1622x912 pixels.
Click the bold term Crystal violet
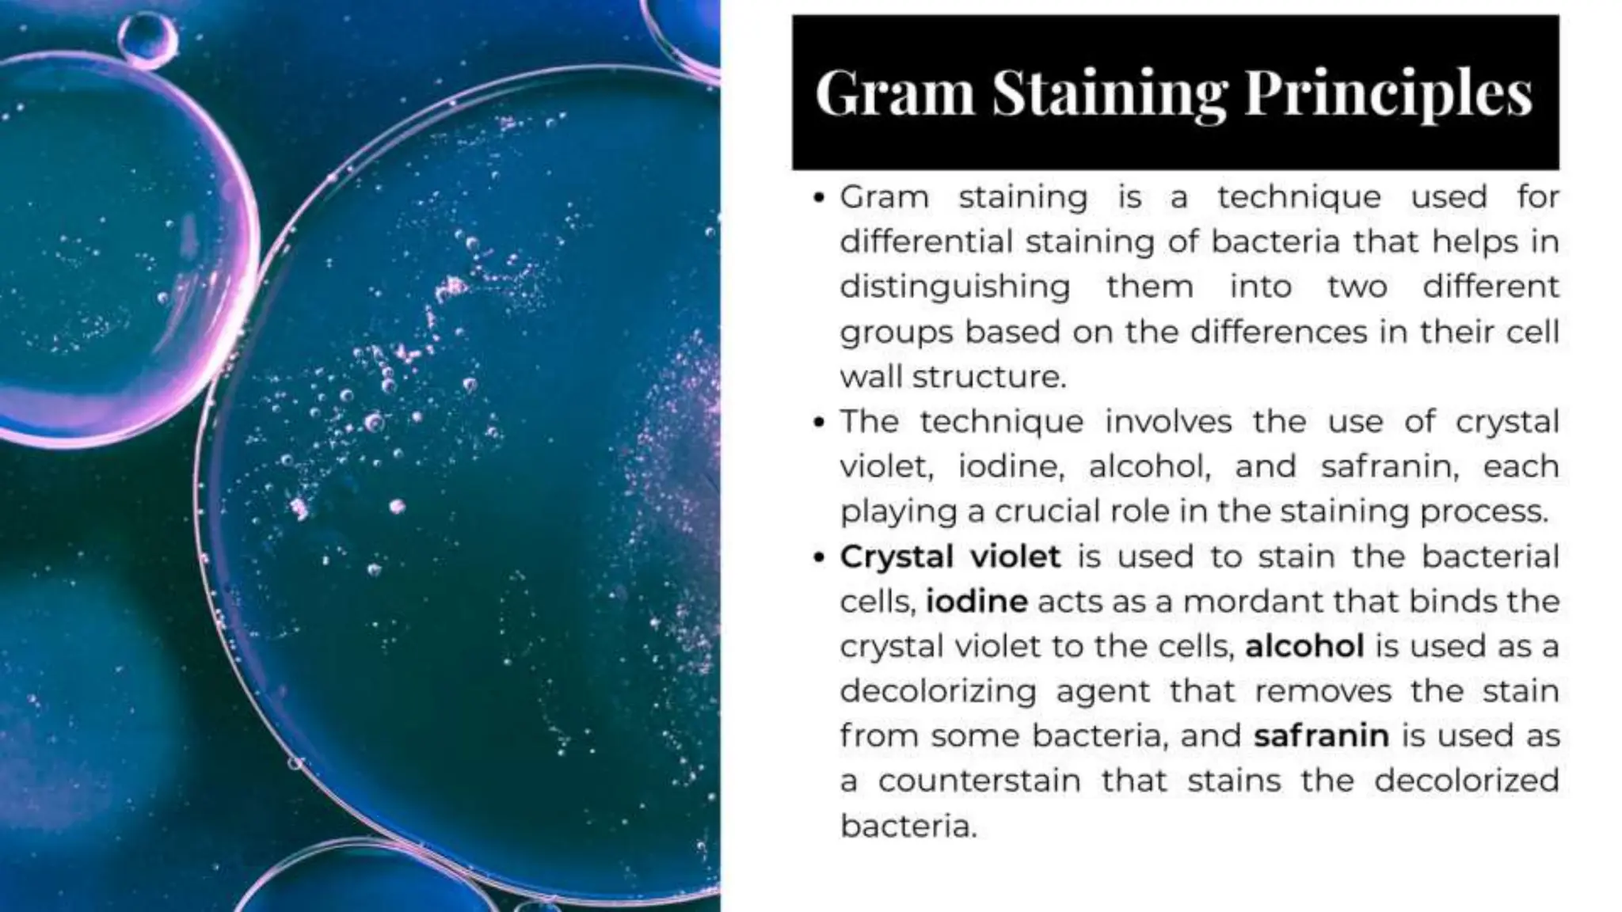point(950,557)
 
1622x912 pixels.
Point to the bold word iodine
point(977,602)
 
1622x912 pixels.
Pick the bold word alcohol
point(1304,646)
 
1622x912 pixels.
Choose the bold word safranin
point(1321,735)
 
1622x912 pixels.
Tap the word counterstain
point(979,781)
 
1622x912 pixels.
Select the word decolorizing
point(938,691)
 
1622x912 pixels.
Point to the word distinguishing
point(954,286)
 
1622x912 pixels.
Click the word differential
point(926,241)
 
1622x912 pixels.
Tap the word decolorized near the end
point(1466,781)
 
